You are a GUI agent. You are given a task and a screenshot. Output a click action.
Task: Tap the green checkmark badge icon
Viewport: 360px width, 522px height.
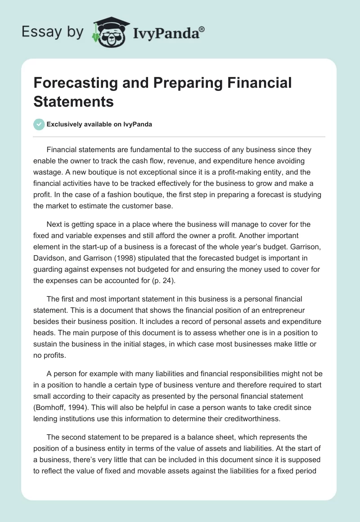pyautogui.click(x=39, y=124)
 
